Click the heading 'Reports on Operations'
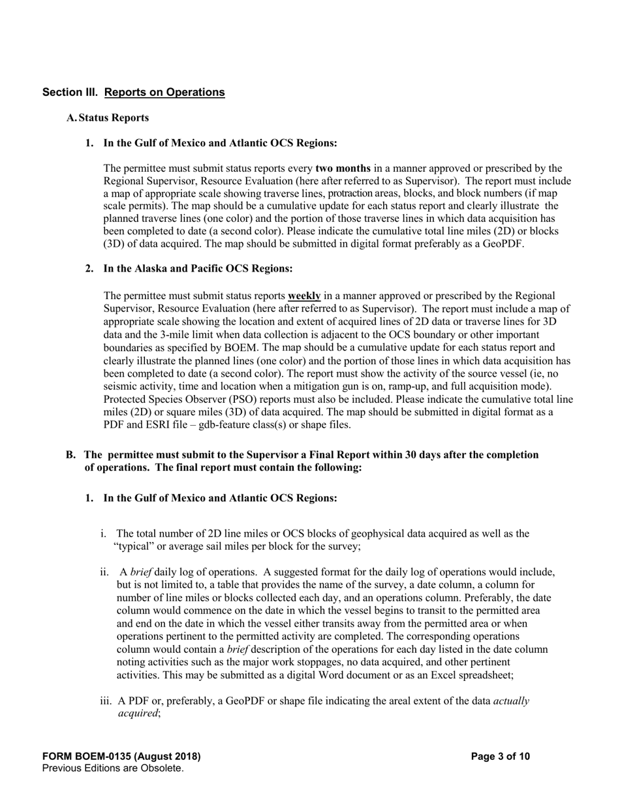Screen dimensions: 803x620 pos(164,92)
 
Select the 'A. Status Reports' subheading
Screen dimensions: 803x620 pos(108,118)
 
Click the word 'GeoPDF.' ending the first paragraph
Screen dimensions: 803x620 pos(504,244)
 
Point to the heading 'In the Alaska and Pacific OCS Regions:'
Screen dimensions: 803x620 pos(198,268)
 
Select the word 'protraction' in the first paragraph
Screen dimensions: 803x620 pos(350,194)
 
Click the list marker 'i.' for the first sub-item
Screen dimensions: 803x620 pos(103,533)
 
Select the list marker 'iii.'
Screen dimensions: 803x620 pos(106,701)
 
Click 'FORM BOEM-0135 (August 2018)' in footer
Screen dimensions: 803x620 pos(121,757)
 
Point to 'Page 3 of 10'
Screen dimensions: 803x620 pos(501,757)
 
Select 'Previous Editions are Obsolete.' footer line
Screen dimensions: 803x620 pos(113,768)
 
